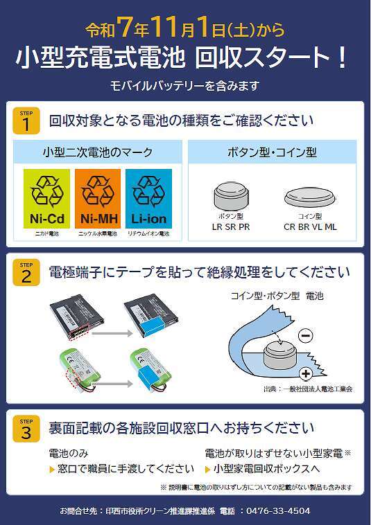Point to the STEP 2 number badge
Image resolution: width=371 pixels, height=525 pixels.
click(26, 274)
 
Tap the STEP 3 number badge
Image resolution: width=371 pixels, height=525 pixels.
click(26, 429)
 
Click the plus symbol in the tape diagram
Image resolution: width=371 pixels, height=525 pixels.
click(306, 375)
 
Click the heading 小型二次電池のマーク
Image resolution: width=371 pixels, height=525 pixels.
click(98, 152)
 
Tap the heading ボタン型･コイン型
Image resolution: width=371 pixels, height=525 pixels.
click(272, 152)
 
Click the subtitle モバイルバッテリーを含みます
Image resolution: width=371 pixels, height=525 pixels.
click(185, 86)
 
